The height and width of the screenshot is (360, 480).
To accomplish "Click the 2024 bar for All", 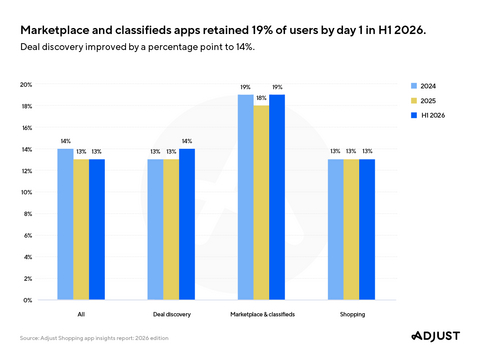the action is [x=65, y=224].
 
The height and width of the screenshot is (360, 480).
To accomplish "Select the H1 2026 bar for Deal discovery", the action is [x=187, y=224].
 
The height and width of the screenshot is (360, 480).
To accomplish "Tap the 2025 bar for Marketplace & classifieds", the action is [x=261, y=203].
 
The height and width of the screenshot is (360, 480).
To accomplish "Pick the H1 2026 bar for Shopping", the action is [x=367, y=229].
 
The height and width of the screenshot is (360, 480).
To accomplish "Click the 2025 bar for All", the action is [x=81, y=229].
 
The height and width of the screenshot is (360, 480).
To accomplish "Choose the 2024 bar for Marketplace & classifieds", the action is [x=246, y=197].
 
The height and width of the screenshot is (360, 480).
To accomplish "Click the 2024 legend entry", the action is [x=423, y=86].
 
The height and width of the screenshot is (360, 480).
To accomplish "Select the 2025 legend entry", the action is [x=423, y=101].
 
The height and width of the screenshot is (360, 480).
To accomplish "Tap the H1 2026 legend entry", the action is [x=428, y=115].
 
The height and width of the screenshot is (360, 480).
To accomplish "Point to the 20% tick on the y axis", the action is [x=26, y=85].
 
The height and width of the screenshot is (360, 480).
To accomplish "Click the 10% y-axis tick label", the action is [x=26, y=192].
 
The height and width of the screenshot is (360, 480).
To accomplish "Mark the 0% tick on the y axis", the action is [x=28, y=300].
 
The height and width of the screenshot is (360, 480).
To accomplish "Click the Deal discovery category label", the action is [x=172, y=314].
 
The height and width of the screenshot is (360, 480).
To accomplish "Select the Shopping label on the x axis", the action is [x=352, y=314].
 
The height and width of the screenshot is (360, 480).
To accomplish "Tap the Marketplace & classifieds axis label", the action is [x=262, y=314].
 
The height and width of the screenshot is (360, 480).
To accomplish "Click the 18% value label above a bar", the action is [x=261, y=98].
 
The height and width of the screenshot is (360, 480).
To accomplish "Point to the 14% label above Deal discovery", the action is [x=187, y=141].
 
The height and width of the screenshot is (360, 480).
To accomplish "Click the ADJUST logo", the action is [x=436, y=336].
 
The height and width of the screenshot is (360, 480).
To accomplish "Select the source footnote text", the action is [x=94, y=338].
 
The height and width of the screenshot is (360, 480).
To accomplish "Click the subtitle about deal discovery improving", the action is [x=137, y=47].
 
